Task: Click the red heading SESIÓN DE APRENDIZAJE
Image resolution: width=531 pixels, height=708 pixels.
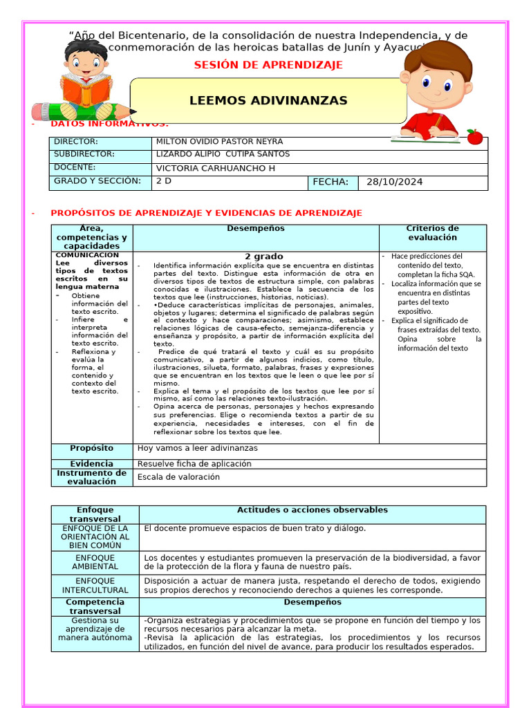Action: pyautogui.click(x=268, y=65)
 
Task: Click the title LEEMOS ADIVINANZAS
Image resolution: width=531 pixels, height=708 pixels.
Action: pyautogui.click(x=268, y=101)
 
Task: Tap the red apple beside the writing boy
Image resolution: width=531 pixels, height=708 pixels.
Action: pyautogui.click(x=474, y=136)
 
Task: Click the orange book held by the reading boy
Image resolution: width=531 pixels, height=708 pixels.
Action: pyautogui.click(x=86, y=88)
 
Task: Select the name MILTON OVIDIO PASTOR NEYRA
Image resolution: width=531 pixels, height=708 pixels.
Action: pyautogui.click(x=219, y=142)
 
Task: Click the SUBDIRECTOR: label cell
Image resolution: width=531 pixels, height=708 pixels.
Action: pyautogui.click(x=84, y=154)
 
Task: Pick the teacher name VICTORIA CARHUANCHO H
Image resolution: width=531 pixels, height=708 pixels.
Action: pyautogui.click(x=215, y=168)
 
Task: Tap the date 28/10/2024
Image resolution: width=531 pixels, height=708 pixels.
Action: pyautogui.click(x=394, y=183)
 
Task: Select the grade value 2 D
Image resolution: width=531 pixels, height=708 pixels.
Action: pyautogui.click(x=164, y=181)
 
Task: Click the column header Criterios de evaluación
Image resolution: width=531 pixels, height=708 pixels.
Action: pyautogui.click(x=432, y=233)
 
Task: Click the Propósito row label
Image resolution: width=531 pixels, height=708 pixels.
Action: pyautogui.click(x=91, y=449)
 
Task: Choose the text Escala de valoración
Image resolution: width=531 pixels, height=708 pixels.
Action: pyautogui.click(x=178, y=477)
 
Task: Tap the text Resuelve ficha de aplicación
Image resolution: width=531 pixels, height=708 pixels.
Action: pyautogui.click(x=194, y=464)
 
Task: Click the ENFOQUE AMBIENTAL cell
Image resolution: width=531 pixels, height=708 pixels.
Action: pyautogui.click(x=95, y=562)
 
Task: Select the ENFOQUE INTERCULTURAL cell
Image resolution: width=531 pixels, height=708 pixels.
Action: pyautogui.click(x=95, y=586)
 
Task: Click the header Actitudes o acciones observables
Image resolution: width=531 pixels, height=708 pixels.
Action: pyautogui.click(x=312, y=510)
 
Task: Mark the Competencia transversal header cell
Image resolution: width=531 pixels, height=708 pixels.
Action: pyautogui.click(x=95, y=606)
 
